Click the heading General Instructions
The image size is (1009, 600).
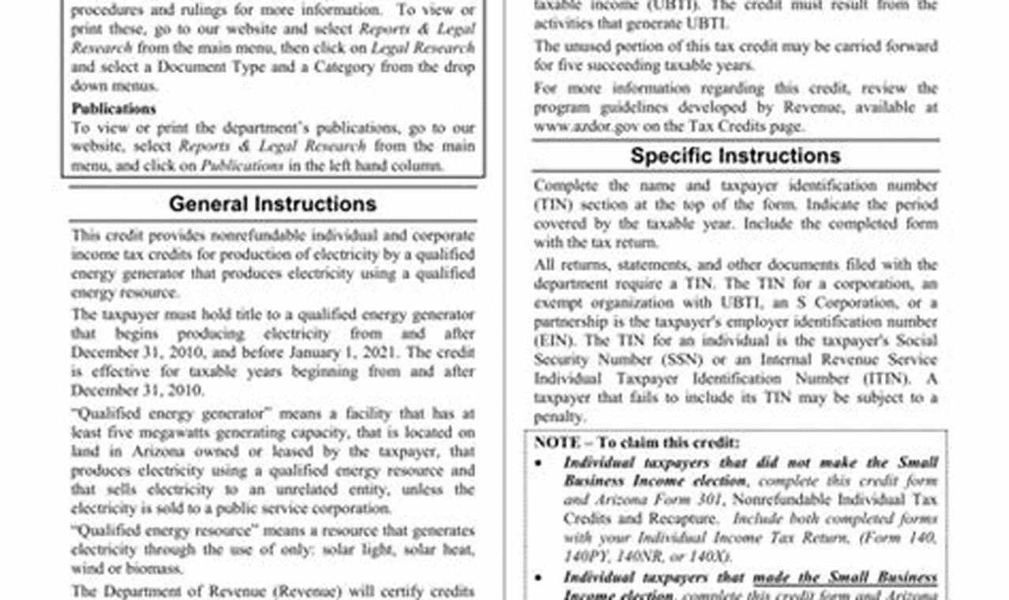click(272, 204)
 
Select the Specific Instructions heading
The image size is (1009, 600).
click(735, 156)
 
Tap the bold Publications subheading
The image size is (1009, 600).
click(114, 108)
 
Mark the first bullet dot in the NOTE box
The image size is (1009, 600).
click(538, 463)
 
